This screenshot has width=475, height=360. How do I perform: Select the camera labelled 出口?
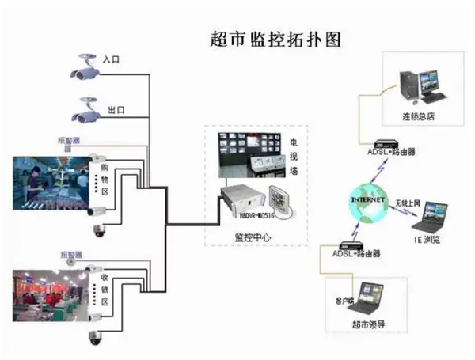[x=85, y=109]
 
